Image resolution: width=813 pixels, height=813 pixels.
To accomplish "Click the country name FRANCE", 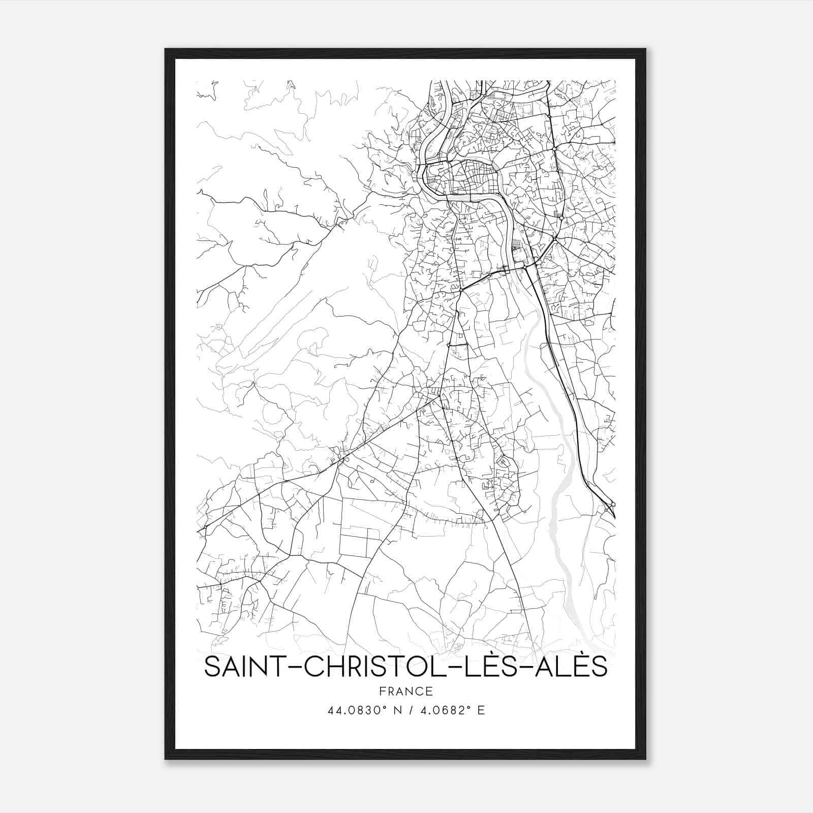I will pyautogui.click(x=405, y=692).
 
